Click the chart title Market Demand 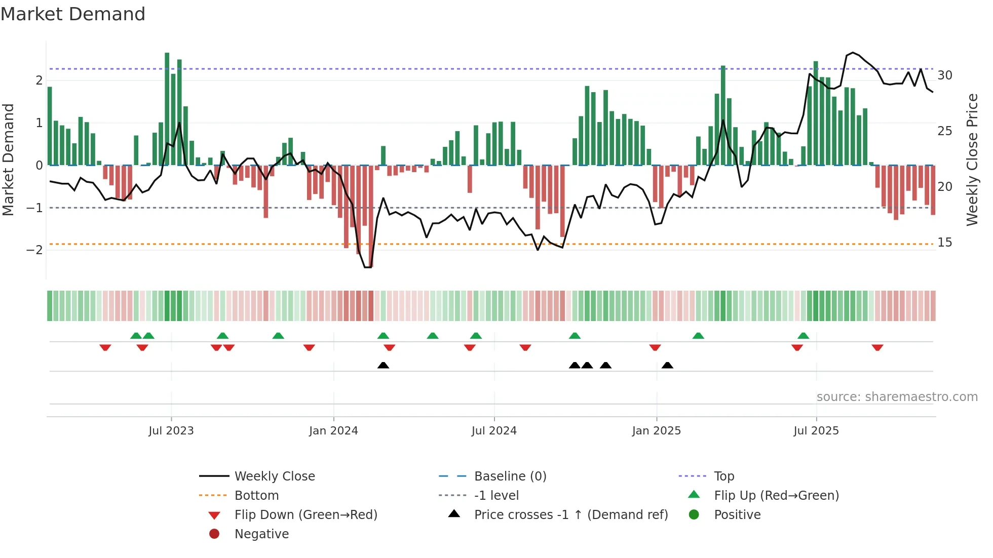(x=73, y=14)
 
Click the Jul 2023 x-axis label (x=171, y=431)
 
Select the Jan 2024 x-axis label (x=333, y=431)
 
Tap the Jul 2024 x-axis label (x=494, y=431)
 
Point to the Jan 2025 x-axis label (x=657, y=431)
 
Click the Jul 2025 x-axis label (x=816, y=431)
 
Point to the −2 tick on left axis (x=34, y=250)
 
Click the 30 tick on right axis (x=945, y=75)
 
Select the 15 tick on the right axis (x=945, y=243)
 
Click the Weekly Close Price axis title (x=972, y=160)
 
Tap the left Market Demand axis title (x=8, y=160)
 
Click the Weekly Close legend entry (x=275, y=476)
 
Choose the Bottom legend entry (x=256, y=496)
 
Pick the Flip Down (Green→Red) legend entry (x=305, y=515)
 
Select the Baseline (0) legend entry (x=510, y=476)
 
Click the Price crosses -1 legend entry (x=571, y=515)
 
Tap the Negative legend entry (x=261, y=534)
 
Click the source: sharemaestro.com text (x=897, y=397)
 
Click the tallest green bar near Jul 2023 (x=167, y=109)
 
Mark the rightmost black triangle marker (x=667, y=366)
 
